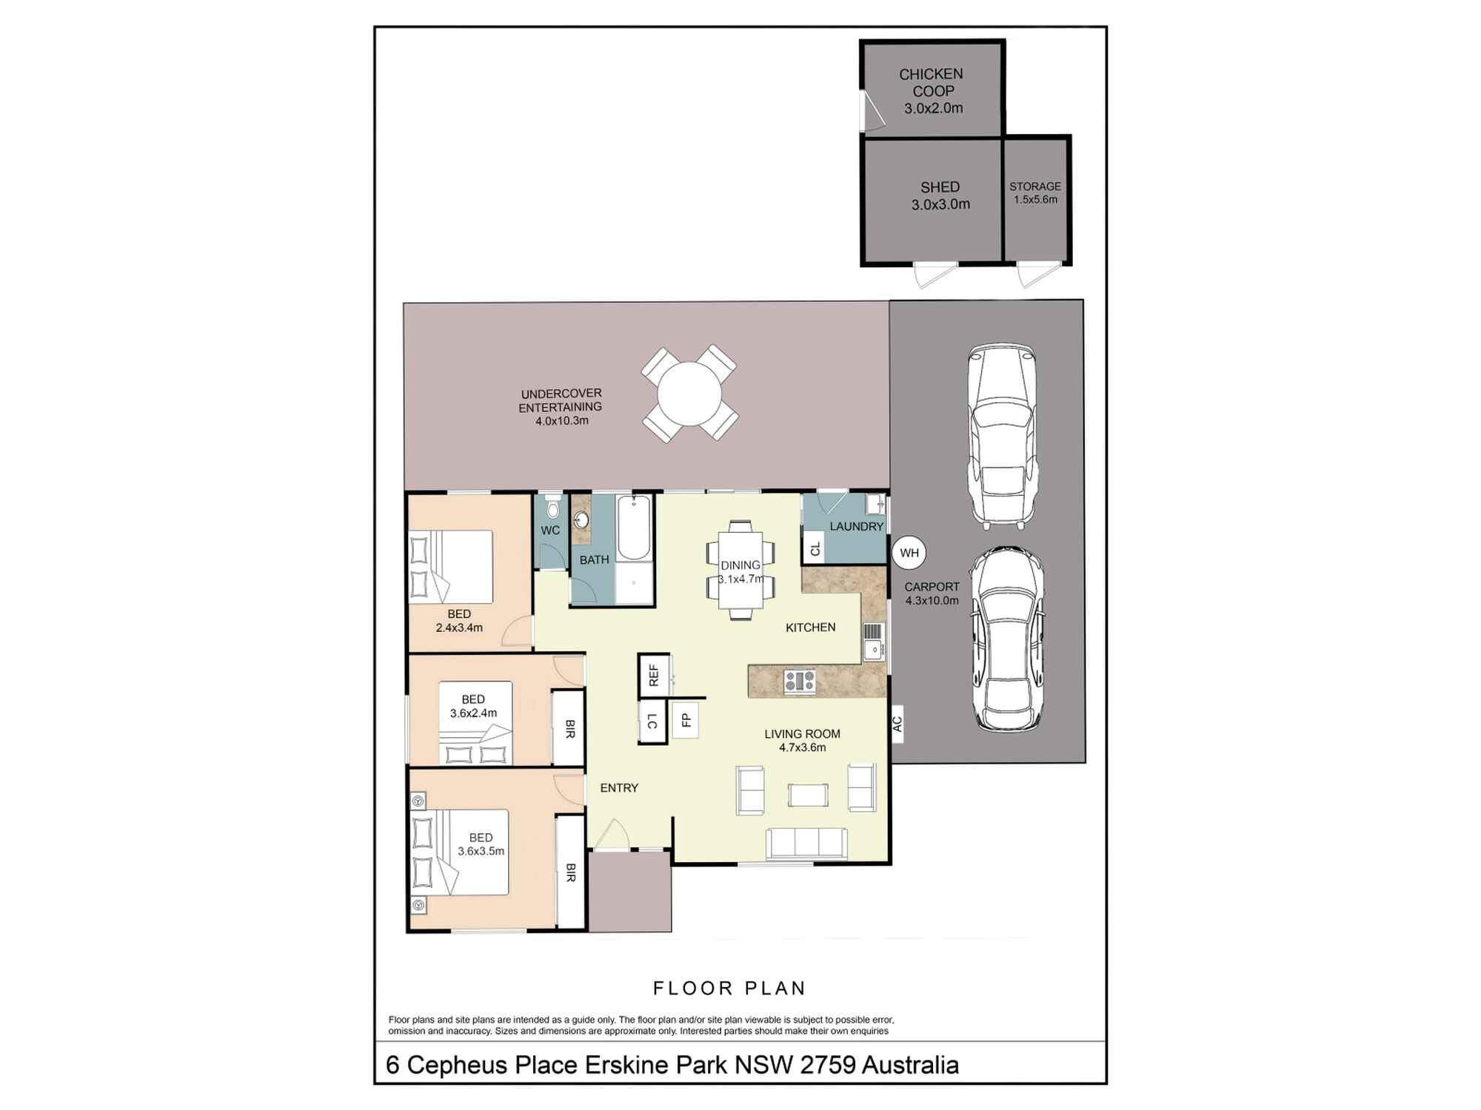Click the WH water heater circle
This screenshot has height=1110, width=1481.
tap(909, 553)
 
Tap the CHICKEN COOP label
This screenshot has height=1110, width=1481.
tap(932, 82)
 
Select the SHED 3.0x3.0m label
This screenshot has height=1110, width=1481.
tap(940, 196)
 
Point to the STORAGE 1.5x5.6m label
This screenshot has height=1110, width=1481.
tap(1035, 193)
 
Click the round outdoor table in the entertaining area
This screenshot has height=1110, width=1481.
tap(689, 394)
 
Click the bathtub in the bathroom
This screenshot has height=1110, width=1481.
tap(634, 528)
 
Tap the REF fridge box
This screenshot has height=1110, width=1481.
tap(654, 675)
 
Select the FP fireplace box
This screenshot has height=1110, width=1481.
tap(686, 719)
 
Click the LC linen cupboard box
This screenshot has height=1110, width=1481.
tap(652, 721)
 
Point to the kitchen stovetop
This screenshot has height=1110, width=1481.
tap(800, 681)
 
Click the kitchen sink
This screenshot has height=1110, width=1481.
tap(874, 642)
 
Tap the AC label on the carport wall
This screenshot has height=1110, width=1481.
tap(897, 723)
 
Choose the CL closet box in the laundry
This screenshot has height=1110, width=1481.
tap(815, 549)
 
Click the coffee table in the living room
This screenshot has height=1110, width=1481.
tap(808, 795)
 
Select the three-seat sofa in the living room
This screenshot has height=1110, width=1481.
tap(806, 844)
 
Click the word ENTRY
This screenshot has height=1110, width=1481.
tap(619, 788)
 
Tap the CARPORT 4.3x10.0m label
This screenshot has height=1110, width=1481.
tap(932, 593)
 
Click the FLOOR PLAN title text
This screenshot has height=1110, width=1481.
tap(729, 988)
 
